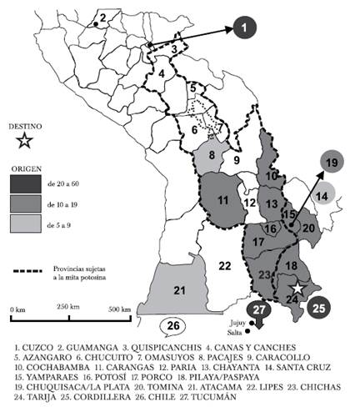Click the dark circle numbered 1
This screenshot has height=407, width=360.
243,29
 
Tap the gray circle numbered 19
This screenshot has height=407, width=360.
331,163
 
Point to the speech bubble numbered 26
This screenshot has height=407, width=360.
172,325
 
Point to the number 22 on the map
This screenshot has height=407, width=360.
224,265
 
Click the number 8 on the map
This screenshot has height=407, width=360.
212,154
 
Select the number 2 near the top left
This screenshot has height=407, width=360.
102,17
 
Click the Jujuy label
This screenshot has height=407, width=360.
233,320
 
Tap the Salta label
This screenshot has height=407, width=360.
235,331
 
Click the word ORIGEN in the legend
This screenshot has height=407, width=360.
26,167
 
